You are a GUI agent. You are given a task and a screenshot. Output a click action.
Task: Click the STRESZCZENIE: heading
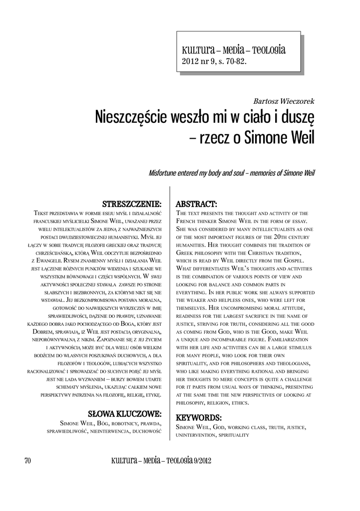(x=132, y=204)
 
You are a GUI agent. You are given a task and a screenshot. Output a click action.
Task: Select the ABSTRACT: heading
(x=196, y=204)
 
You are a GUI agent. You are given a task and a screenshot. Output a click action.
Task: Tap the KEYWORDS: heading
(x=199, y=417)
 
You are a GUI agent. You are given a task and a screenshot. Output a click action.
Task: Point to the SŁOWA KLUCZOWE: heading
(x=125, y=414)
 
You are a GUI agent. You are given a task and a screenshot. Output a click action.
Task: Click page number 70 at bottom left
(x=27, y=461)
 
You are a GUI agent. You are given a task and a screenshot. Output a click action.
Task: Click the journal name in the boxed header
(x=233, y=50)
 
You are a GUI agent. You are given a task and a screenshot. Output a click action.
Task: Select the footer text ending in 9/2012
(x=161, y=461)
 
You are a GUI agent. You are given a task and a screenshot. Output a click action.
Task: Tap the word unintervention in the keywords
(x=196, y=435)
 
